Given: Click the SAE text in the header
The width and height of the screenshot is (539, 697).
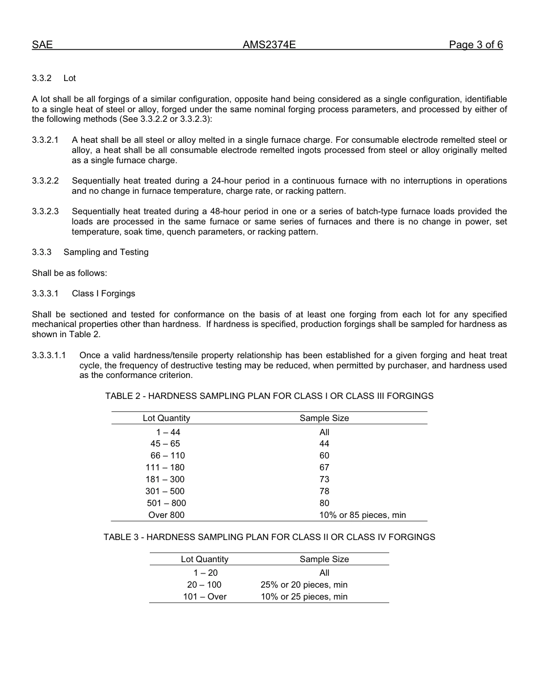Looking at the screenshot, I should click(42, 45).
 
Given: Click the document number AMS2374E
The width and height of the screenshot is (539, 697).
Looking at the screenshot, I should click(269, 45).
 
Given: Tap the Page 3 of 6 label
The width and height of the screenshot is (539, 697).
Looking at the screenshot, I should click(475, 45).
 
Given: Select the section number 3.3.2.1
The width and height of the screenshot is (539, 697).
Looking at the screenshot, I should click(45, 140).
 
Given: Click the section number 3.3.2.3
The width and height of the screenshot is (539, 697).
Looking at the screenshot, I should click(45, 211).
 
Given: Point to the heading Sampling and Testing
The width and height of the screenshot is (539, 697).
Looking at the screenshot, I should click(106, 252).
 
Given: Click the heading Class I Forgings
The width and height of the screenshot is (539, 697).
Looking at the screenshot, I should click(103, 294).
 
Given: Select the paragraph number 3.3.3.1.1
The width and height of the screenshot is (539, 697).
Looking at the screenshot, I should click(49, 355).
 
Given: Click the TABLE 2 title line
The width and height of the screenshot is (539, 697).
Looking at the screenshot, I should click(269, 396).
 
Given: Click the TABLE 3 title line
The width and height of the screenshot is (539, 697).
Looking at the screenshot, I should click(269, 537).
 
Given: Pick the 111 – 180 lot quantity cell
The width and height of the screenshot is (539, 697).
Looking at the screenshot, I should click(165, 467).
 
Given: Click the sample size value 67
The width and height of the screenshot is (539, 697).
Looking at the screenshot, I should click(325, 467).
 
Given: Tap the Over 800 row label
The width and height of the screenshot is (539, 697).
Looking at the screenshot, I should click(166, 515).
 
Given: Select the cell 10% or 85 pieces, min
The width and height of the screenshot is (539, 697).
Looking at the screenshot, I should click(363, 515).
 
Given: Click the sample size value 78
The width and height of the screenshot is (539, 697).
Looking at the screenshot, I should click(325, 491).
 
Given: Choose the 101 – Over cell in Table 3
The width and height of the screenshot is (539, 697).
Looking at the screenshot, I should click(205, 597).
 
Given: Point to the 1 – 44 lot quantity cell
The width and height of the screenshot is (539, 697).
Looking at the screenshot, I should click(168, 432).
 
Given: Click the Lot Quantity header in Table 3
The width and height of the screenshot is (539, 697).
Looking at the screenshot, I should click(205, 559).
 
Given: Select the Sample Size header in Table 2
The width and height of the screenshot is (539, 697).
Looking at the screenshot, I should click(325, 418).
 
